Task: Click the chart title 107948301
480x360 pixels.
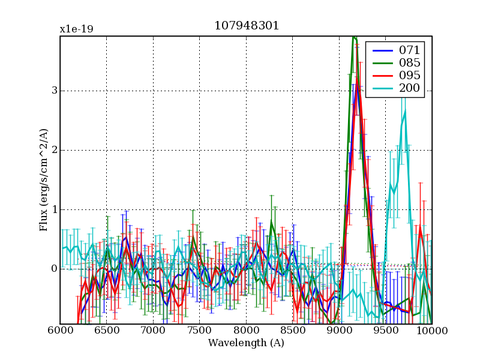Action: click(246, 26)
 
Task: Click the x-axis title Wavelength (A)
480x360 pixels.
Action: click(246, 344)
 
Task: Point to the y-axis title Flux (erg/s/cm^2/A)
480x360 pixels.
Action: click(44, 180)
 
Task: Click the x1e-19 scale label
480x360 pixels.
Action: click(76, 29)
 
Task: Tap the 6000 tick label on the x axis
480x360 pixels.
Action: click(60, 331)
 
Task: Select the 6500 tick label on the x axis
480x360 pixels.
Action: click(107, 331)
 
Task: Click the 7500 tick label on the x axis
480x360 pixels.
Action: click(200, 331)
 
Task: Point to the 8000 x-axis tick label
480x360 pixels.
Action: click(246, 331)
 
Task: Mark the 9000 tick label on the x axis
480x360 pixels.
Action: click(339, 331)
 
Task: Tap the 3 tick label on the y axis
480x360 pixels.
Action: click(53, 91)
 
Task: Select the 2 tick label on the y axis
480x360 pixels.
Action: click(53, 150)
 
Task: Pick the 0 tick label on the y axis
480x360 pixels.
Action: click(53, 269)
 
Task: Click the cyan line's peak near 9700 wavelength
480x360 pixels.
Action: click(405, 110)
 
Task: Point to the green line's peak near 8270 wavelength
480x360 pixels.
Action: click(271, 221)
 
